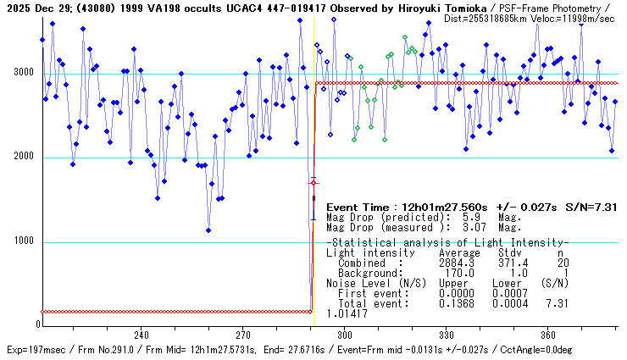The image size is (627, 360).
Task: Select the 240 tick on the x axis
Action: [x=141, y=335]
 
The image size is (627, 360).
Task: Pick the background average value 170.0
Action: [x=460, y=274]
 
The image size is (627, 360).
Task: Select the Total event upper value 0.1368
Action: [x=458, y=303]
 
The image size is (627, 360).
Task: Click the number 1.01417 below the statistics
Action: [x=347, y=313]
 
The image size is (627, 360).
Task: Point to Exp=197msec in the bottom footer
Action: [x=34, y=350]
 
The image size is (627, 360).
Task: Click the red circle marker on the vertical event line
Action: [x=313, y=182]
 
